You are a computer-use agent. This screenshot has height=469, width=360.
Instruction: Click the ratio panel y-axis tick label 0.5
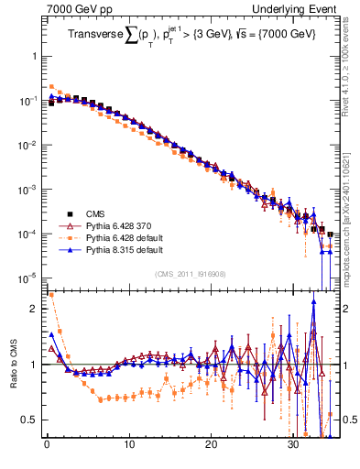28,420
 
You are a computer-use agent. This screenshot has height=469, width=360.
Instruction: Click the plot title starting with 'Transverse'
189,35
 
